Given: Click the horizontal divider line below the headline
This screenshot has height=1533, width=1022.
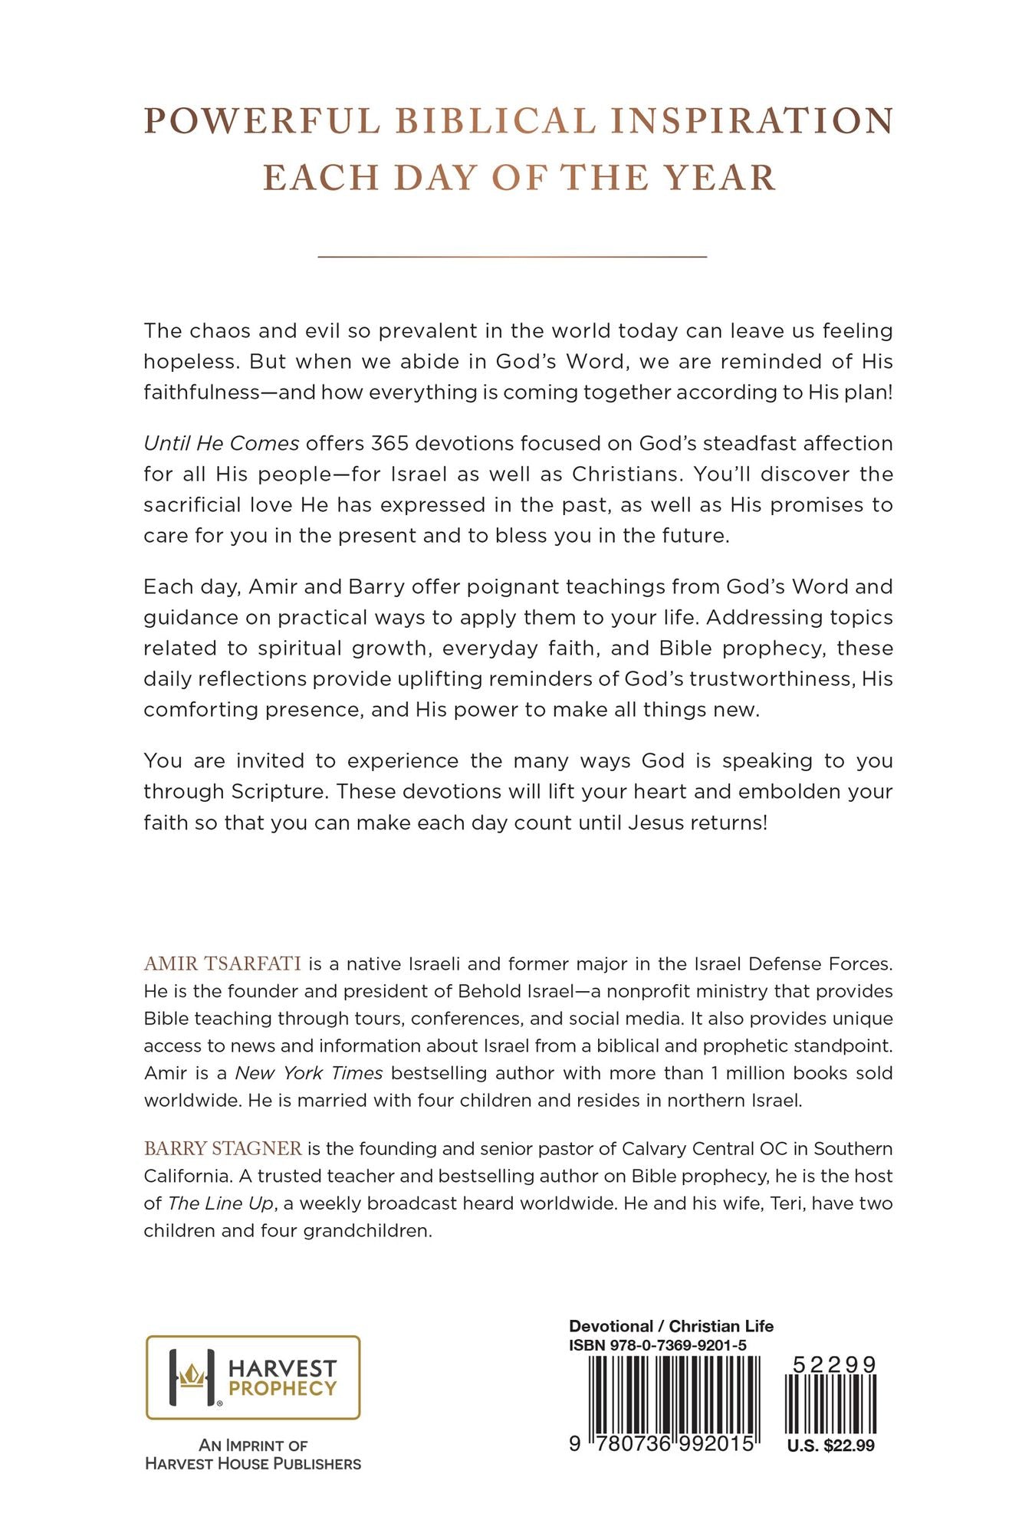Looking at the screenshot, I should [512, 256].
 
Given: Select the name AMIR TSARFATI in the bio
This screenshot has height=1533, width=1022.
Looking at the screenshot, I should [222, 963].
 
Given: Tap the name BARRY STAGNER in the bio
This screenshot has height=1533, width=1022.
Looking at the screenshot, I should [222, 1148].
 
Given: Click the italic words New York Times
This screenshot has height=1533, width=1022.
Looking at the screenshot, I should [309, 1073].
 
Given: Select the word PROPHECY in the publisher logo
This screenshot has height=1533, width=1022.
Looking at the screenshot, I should [283, 1388].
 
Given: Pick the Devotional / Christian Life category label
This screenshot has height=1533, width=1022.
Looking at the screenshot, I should [671, 1327].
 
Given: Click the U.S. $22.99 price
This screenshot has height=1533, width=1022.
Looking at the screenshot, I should [831, 1446].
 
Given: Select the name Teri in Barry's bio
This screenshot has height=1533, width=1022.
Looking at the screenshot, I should [786, 1203].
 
